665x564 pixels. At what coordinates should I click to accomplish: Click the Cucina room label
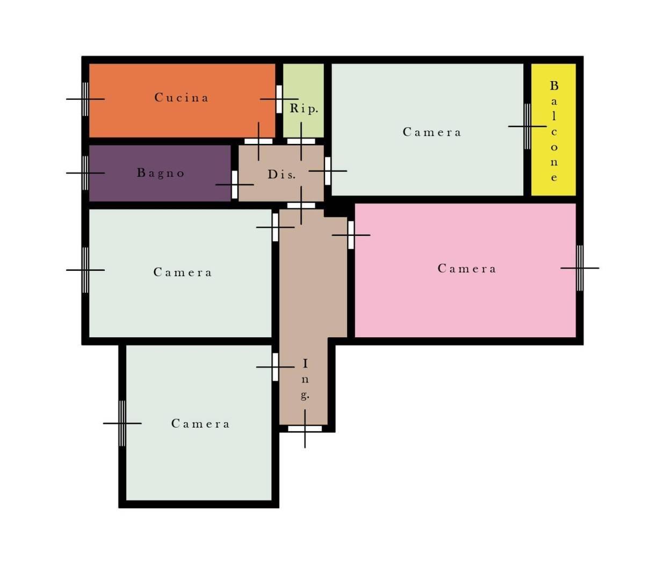coord(182,97)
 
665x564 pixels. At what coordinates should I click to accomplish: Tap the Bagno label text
coord(161,173)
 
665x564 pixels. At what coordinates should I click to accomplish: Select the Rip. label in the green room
coord(303,109)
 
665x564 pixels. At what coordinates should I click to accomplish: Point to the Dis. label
coord(281,175)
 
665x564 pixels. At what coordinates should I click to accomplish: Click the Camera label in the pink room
coord(467,269)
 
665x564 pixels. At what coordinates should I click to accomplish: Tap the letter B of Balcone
coord(554,85)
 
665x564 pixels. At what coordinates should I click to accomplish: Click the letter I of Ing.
coord(305,364)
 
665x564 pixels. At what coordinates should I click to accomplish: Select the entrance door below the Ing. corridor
coord(305,429)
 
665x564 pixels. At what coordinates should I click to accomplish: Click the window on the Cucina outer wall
coord(85,99)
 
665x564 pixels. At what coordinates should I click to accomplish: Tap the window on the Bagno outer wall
coord(85,173)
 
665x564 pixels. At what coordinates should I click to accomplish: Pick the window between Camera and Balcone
coord(527,126)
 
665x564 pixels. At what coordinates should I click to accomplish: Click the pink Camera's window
coord(580,268)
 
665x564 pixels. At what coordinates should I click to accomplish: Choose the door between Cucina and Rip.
coord(279,99)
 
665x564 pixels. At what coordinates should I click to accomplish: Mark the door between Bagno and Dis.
coord(235,185)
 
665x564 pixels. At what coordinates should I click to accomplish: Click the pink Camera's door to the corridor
coord(351,235)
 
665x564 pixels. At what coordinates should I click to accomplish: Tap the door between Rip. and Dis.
coord(301,141)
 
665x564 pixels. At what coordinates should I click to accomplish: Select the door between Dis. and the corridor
coord(301,206)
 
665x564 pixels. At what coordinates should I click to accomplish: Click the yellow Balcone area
coord(554,129)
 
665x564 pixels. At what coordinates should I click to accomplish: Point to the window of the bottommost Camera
coord(122,423)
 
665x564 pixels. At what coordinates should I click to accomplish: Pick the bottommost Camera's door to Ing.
coord(276,367)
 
